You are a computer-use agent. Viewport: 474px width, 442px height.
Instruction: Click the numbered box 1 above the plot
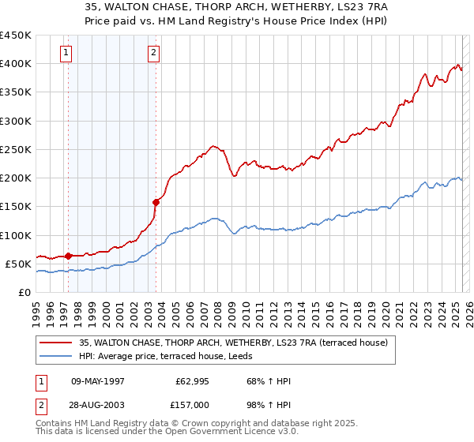click(x=65, y=54)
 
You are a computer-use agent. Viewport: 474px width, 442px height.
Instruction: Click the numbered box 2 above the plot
click(x=153, y=54)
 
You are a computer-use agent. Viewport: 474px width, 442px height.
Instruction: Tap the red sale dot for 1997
click(x=68, y=256)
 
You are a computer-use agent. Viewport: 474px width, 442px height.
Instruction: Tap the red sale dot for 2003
click(x=156, y=202)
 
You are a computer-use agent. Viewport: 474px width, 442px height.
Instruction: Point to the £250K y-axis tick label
click(x=16, y=149)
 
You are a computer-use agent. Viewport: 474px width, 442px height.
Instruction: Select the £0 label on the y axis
click(x=26, y=292)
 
